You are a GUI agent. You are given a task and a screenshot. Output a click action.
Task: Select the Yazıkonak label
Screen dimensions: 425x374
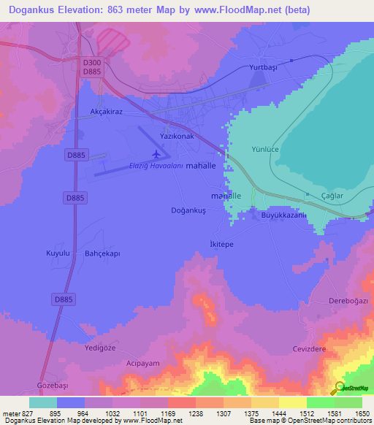point(177,137)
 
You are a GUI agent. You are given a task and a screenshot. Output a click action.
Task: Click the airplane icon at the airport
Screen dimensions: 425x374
point(155,154)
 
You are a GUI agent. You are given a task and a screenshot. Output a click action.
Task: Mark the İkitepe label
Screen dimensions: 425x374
point(221,244)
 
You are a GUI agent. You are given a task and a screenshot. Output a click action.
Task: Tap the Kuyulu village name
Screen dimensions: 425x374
point(58,253)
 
